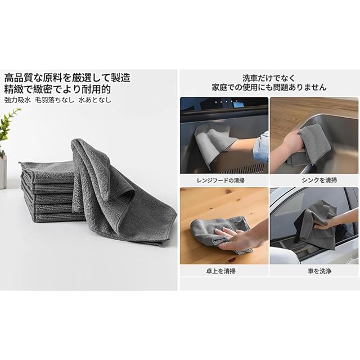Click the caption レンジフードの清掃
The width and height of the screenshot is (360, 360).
pos(220,180)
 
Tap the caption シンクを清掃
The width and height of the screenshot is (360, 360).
pos(319,180)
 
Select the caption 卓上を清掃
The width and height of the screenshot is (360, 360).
pos(220,271)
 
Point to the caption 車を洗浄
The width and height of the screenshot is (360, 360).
pos(319,271)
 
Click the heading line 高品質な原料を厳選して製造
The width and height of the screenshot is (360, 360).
pos(67,78)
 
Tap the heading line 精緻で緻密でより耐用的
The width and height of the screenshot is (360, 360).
pos(57,89)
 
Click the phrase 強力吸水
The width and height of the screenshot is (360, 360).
pos(17,100)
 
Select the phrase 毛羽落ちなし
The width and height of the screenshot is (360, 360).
pos(55,100)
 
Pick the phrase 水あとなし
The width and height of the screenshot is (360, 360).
pos(95,100)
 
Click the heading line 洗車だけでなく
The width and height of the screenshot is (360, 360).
pos(269,78)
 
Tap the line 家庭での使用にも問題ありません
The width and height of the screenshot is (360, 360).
pos(269,87)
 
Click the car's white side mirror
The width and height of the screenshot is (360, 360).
pos(283,255)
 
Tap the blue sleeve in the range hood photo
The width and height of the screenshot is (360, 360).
pos(261,147)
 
